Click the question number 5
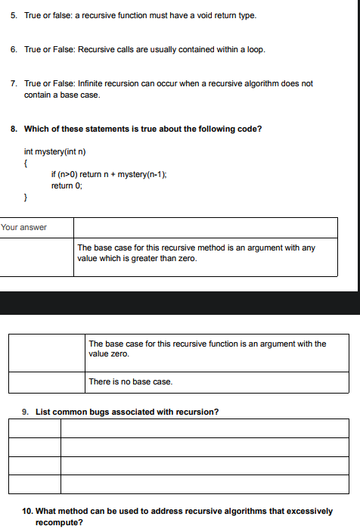pyautogui.click(x=14, y=15)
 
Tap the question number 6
pyautogui.click(x=14, y=49)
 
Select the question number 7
pyautogui.click(x=14, y=83)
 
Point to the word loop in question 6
pyautogui.click(x=255, y=49)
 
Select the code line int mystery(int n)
pyautogui.click(x=55, y=151)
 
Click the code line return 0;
pyautogui.click(x=67, y=185)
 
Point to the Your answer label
pyautogui.click(x=23, y=227)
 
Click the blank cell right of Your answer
pyautogui.click(x=205, y=227)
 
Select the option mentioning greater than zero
pyautogui.click(x=197, y=254)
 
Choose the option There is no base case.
pyautogui.click(x=131, y=381)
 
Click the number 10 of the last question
pyautogui.click(x=27, y=512)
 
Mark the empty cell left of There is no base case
pyautogui.click(x=46, y=381)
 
